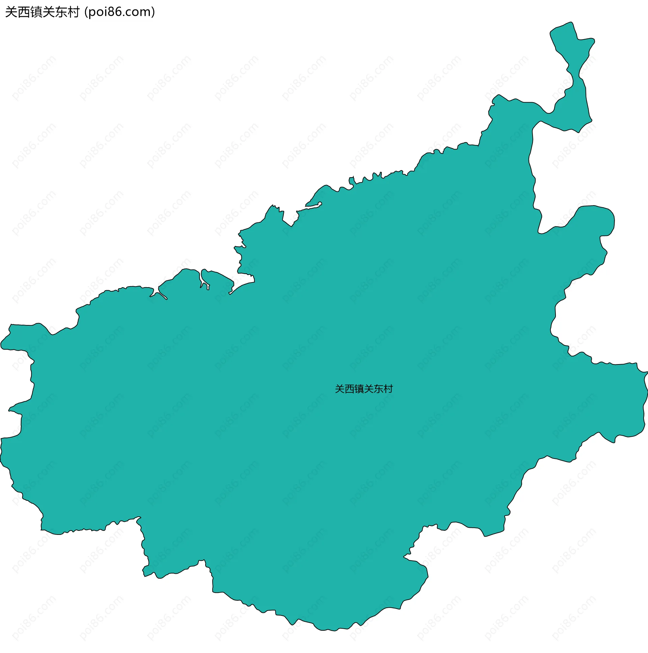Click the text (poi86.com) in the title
[x=120, y=12]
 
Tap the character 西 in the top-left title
[x=23, y=12]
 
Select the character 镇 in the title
[x=36, y=12]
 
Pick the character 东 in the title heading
[x=61, y=12]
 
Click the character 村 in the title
[x=73, y=12]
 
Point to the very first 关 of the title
[x=11, y=12]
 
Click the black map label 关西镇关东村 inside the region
[x=364, y=389]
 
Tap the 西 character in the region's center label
[x=349, y=389]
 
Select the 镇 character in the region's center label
[x=359, y=389]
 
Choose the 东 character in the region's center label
[x=378, y=389]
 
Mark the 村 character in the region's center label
[x=388, y=389]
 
